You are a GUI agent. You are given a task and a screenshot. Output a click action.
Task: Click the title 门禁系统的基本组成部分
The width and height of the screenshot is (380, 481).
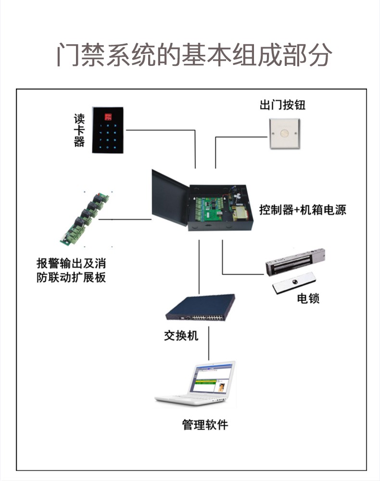194,55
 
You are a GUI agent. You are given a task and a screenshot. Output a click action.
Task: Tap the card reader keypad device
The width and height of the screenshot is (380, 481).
108,130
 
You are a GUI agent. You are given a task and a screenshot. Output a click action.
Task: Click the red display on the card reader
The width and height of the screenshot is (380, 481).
108,116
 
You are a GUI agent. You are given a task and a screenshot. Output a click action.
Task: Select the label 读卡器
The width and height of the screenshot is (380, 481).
79,130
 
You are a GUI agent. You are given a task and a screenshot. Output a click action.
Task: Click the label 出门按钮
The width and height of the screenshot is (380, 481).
282,104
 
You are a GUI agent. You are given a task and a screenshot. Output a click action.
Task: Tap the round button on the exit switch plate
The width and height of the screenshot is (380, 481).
284,133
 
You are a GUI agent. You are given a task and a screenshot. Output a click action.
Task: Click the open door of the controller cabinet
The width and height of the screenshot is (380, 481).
170,198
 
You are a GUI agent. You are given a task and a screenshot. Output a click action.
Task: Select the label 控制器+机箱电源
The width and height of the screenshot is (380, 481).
303,210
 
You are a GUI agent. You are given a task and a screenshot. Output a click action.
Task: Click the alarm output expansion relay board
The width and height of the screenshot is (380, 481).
84,219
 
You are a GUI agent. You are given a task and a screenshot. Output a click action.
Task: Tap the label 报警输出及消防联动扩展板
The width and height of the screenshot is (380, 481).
71,270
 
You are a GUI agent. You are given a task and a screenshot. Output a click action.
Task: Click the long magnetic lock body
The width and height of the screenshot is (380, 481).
295,262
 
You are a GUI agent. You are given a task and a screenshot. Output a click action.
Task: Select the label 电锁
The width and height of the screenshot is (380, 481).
308,298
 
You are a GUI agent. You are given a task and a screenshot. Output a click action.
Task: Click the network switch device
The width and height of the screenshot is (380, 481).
200,307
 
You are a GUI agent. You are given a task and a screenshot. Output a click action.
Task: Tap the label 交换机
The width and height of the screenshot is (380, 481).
181,335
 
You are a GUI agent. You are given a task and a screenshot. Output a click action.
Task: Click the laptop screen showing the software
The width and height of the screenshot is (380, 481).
212,378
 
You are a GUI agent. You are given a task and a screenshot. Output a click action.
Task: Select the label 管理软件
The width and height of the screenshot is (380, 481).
205,425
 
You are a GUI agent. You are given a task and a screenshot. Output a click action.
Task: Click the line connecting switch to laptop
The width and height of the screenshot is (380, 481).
209,343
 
